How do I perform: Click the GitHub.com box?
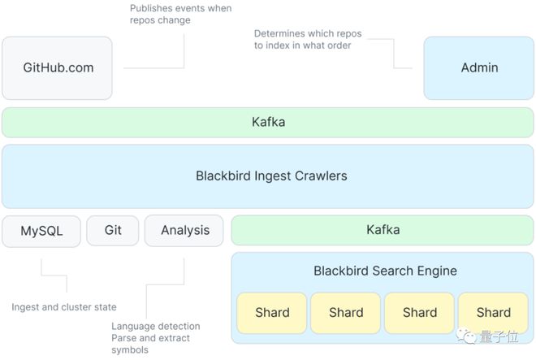click(x=57, y=68)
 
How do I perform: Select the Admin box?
click(x=478, y=68)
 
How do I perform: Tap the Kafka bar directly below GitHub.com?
click(x=268, y=122)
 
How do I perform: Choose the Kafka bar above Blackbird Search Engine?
click(x=383, y=230)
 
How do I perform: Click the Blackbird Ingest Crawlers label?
click(x=271, y=176)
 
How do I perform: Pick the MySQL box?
click(x=41, y=231)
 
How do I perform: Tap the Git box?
click(x=113, y=230)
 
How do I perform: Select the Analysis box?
click(x=184, y=231)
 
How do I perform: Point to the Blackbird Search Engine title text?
click(x=385, y=271)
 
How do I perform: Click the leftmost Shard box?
click(x=272, y=313)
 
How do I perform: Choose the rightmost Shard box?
click(x=493, y=313)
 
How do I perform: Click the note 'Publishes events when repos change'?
click(x=180, y=14)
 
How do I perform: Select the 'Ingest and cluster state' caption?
click(x=64, y=307)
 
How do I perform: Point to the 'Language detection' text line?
click(x=156, y=326)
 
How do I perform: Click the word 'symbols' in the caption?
click(x=130, y=350)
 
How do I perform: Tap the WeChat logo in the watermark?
click(x=466, y=336)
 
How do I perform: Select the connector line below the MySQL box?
click(x=54, y=275)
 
